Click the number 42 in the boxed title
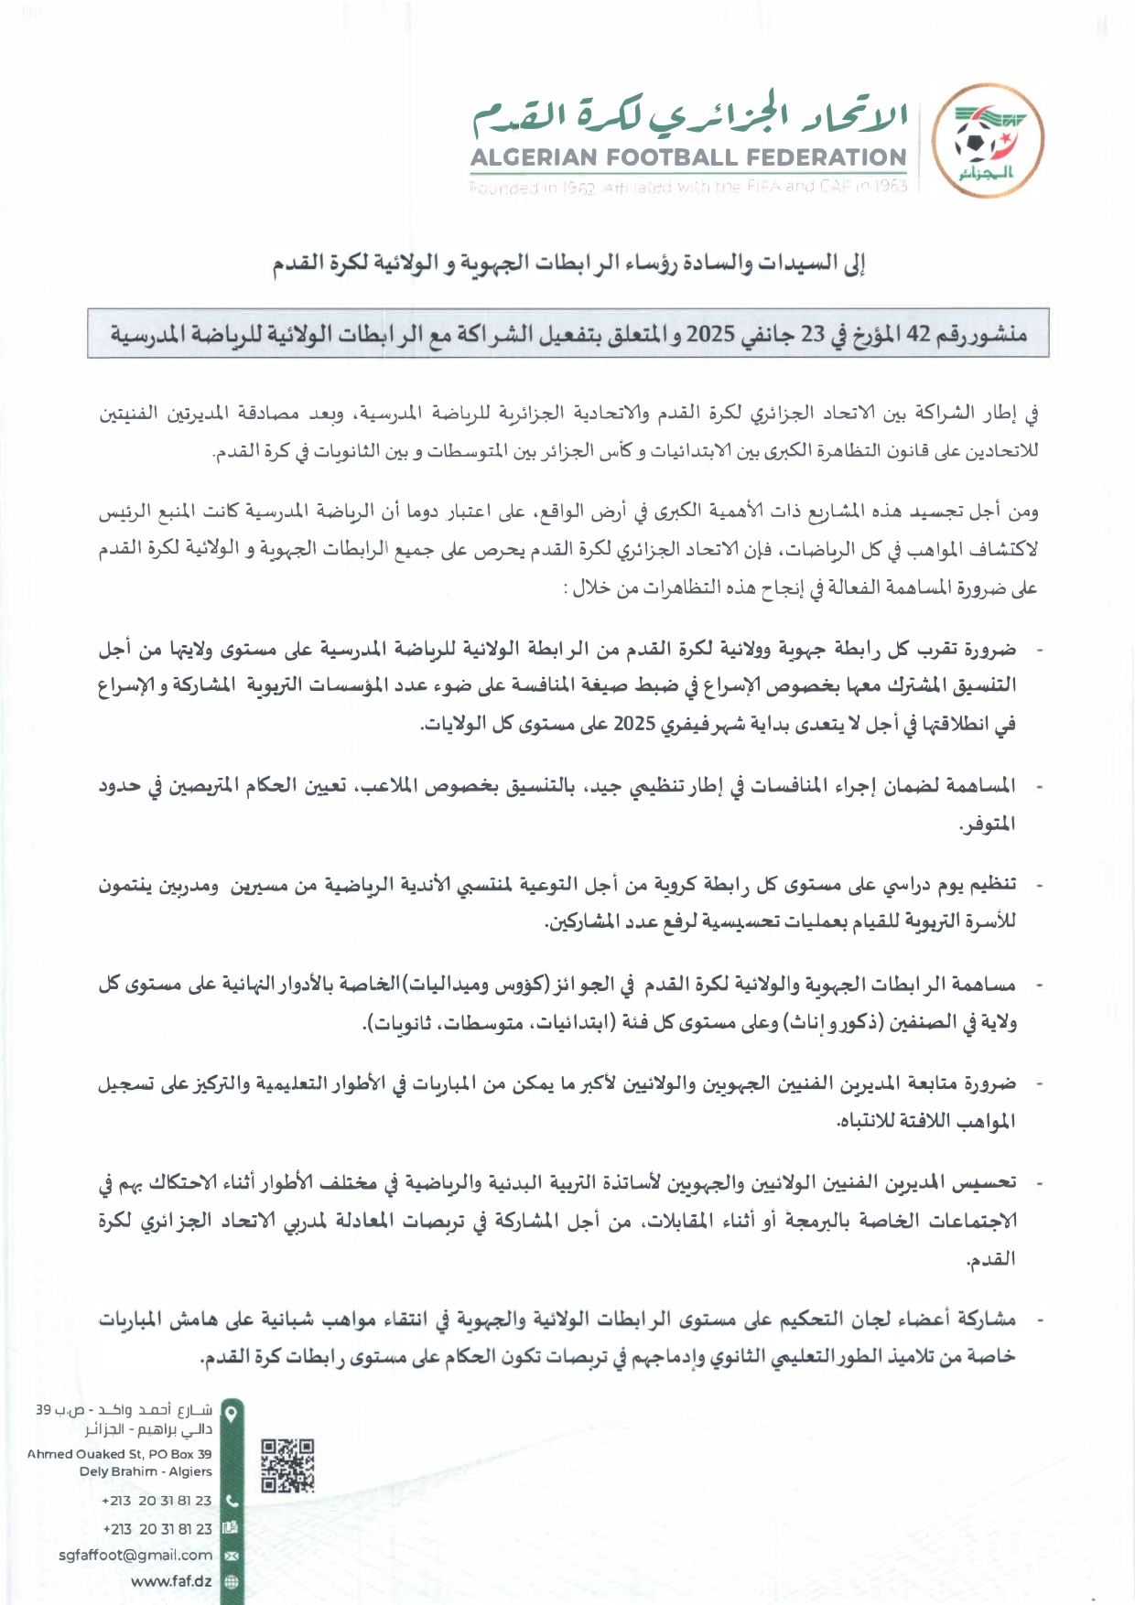(x=918, y=334)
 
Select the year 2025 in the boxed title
(x=710, y=334)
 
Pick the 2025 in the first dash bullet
(x=635, y=724)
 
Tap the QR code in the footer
(x=287, y=1465)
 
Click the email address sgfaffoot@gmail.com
(x=135, y=1555)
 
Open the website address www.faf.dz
(x=171, y=1581)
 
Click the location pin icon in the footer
(x=232, y=1414)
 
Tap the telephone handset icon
(x=232, y=1501)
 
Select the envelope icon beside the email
(x=232, y=1555)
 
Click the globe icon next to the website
(x=232, y=1581)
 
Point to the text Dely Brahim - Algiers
(x=146, y=1471)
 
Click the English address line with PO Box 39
(x=120, y=1453)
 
